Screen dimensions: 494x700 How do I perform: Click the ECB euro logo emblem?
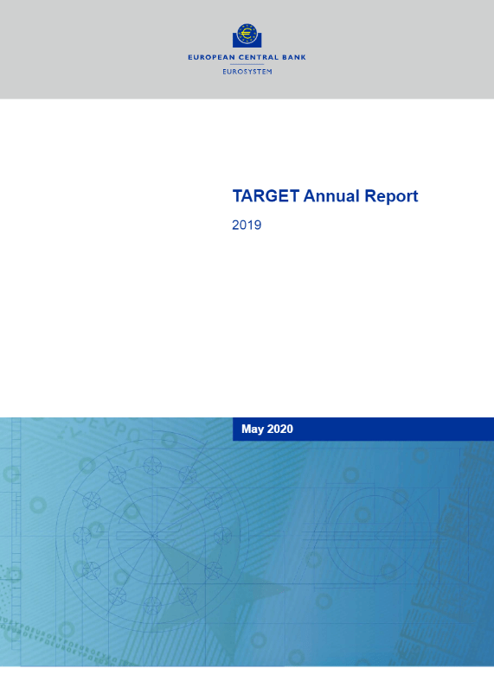(x=247, y=35)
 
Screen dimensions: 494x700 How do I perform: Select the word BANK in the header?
(x=294, y=57)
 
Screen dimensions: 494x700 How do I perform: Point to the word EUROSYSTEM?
(x=247, y=72)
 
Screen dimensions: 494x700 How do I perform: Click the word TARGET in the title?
(x=266, y=196)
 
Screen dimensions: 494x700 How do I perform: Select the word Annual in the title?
(x=331, y=196)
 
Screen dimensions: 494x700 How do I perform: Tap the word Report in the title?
(x=391, y=197)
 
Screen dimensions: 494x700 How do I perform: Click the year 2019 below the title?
(x=247, y=225)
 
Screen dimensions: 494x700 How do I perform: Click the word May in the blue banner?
(x=252, y=430)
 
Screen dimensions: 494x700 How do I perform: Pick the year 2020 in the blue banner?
(x=279, y=429)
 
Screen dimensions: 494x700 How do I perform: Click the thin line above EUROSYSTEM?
(x=247, y=64)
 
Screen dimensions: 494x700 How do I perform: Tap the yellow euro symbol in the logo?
(x=247, y=33)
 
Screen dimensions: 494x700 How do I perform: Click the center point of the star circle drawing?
(x=152, y=535)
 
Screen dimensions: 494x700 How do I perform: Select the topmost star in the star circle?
(x=152, y=465)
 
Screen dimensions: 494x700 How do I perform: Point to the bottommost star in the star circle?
(x=152, y=605)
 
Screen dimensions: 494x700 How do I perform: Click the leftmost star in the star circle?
(x=82, y=535)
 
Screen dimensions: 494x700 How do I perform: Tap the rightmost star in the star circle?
(x=222, y=535)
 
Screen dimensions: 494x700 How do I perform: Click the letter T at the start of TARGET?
(x=237, y=196)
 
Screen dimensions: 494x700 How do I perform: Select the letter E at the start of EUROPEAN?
(x=190, y=57)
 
